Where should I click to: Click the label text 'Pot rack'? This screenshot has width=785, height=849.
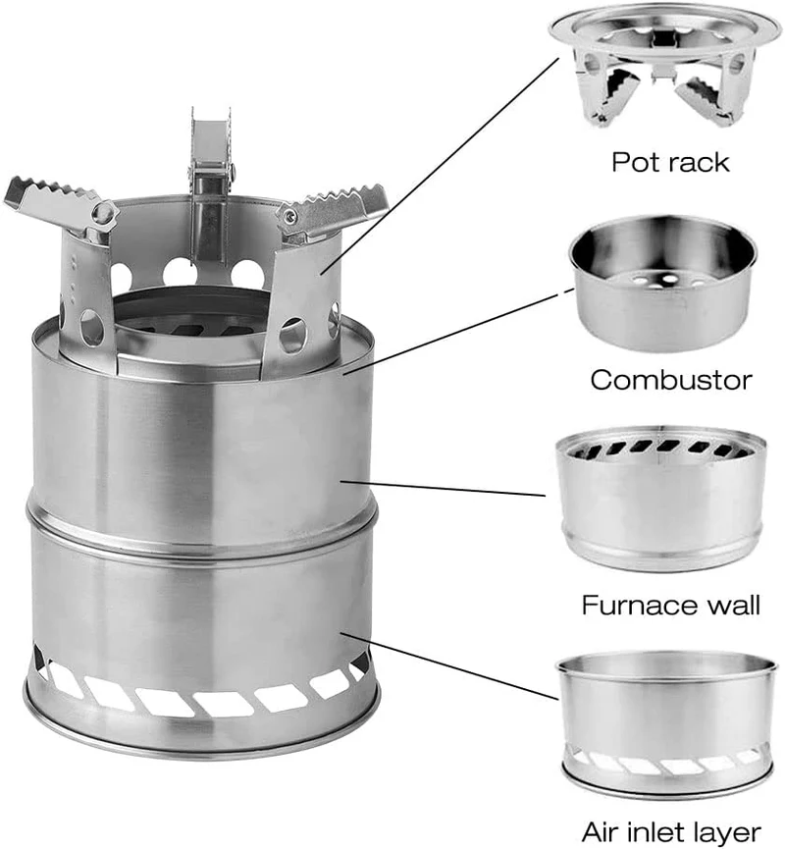tap(670, 162)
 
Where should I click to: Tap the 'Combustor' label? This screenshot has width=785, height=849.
tap(671, 380)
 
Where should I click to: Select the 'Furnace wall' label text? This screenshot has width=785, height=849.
tap(671, 605)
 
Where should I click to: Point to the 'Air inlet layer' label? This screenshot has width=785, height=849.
tap(671, 831)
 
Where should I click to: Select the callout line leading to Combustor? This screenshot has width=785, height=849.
tap(458, 332)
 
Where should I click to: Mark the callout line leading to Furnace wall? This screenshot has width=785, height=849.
tap(443, 488)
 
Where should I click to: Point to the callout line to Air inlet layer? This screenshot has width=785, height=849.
tap(448, 665)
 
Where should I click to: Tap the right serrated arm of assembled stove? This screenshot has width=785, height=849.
tap(333, 209)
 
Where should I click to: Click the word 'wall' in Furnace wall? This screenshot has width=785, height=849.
tap(732, 605)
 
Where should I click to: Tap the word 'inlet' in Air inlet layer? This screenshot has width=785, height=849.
tap(661, 831)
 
